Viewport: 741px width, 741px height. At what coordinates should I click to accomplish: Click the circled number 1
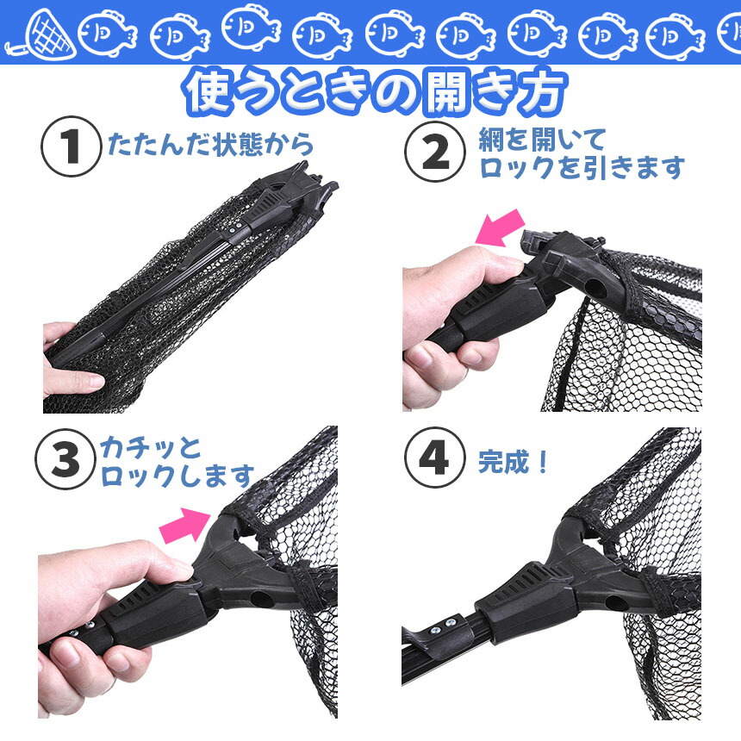(x=72, y=146)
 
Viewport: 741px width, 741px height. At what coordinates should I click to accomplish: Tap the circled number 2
(x=435, y=152)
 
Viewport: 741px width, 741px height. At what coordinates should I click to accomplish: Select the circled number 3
(x=65, y=459)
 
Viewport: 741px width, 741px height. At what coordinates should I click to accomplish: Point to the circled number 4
(x=434, y=458)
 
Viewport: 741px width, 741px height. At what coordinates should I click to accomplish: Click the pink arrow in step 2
(x=501, y=227)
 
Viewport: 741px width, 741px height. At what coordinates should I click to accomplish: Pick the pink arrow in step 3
(x=185, y=525)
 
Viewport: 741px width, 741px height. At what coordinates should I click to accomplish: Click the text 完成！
(x=514, y=462)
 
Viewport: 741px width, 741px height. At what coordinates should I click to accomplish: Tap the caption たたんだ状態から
(x=211, y=144)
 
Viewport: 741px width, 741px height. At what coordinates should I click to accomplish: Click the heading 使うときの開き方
(x=377, y=92)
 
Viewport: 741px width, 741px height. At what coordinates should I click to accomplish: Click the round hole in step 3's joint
(x=259, y=601)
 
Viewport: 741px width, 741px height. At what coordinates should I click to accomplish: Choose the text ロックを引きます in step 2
(x=582, y=168)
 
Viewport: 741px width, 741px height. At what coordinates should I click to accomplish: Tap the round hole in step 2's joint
(x=596, y=289)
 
